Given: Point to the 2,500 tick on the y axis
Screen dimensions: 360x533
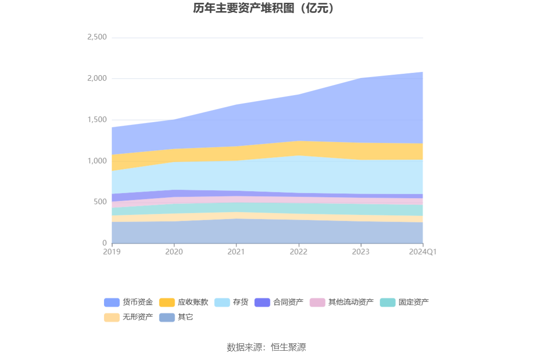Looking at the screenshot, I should tap(97, 37).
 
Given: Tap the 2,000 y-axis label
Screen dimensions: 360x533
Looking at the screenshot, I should tap(97, 78).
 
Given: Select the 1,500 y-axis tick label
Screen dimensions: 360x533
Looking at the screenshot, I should tap(97, 120).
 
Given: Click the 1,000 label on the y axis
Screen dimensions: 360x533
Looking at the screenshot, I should tap(97, 161).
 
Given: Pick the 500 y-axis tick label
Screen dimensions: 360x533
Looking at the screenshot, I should tap(100, 202).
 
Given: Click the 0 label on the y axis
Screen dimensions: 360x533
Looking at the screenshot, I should tap(104, 243).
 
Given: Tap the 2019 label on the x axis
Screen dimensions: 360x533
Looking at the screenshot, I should tap(112, 252).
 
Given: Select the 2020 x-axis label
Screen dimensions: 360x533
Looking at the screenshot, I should tap(174, 252).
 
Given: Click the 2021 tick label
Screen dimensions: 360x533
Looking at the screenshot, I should tap(236, 252).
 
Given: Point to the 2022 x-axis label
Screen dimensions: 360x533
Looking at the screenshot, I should tap(299, 252).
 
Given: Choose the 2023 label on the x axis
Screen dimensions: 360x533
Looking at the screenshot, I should tap(361, 252).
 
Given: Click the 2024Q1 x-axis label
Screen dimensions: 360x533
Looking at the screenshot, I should tap(422, 252).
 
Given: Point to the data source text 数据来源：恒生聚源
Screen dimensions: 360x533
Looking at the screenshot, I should tap(266, 347).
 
